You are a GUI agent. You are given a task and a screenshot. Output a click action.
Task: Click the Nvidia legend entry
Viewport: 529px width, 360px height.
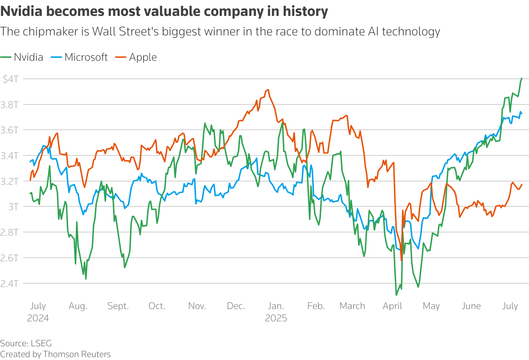tap(28, 57)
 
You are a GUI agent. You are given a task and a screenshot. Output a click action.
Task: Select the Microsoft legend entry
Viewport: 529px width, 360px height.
tap(86, 57)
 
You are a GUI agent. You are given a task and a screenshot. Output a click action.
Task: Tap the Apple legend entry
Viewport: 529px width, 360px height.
tap(143, 57)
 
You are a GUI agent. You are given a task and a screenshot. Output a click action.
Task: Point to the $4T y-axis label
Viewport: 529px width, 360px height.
tap(10, 79)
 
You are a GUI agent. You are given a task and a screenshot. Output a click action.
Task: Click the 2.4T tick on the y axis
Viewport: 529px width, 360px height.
tap(9, 283)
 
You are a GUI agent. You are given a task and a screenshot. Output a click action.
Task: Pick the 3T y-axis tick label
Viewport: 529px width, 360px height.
tap(13, 207)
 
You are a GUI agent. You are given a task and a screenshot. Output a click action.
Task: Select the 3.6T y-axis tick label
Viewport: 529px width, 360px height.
tap(9, 130)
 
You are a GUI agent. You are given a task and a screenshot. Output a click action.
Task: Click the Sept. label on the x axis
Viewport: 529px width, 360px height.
tap(118, 306)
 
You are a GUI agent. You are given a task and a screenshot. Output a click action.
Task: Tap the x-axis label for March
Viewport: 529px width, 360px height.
tap(352, 306)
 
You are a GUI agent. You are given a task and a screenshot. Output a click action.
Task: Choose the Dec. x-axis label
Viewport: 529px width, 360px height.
tap(236, 306)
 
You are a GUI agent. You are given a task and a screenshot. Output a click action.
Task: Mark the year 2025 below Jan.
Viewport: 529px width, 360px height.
tap(276, 318)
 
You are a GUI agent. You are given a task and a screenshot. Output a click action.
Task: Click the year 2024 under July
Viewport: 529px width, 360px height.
tap(38, 318)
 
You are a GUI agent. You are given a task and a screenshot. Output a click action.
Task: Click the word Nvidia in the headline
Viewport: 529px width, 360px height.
tap(21, 12)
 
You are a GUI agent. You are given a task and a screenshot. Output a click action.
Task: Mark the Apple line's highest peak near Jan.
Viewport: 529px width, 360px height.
tap(268, 90)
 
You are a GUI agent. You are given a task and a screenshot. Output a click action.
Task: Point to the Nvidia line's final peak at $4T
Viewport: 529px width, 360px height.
tap(521, 78)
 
